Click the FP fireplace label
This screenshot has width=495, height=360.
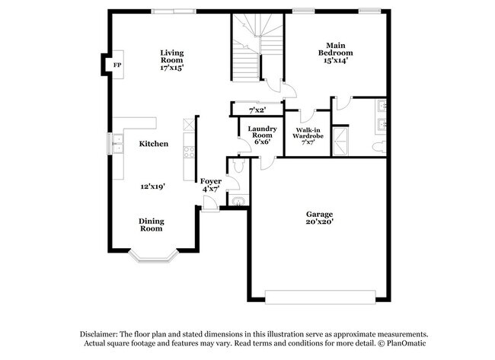[117, 65]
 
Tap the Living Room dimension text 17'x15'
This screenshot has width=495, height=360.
[171, 67]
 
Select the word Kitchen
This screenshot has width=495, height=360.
[153, 143]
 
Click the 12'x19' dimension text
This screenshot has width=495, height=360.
[152, 186]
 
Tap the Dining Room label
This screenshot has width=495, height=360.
[151, 225]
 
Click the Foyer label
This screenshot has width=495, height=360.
[211, 181]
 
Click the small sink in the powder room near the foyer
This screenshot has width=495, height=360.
[238, 200]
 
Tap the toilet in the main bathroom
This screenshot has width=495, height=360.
[380, 145]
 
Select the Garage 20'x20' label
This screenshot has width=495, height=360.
[320, 219]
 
